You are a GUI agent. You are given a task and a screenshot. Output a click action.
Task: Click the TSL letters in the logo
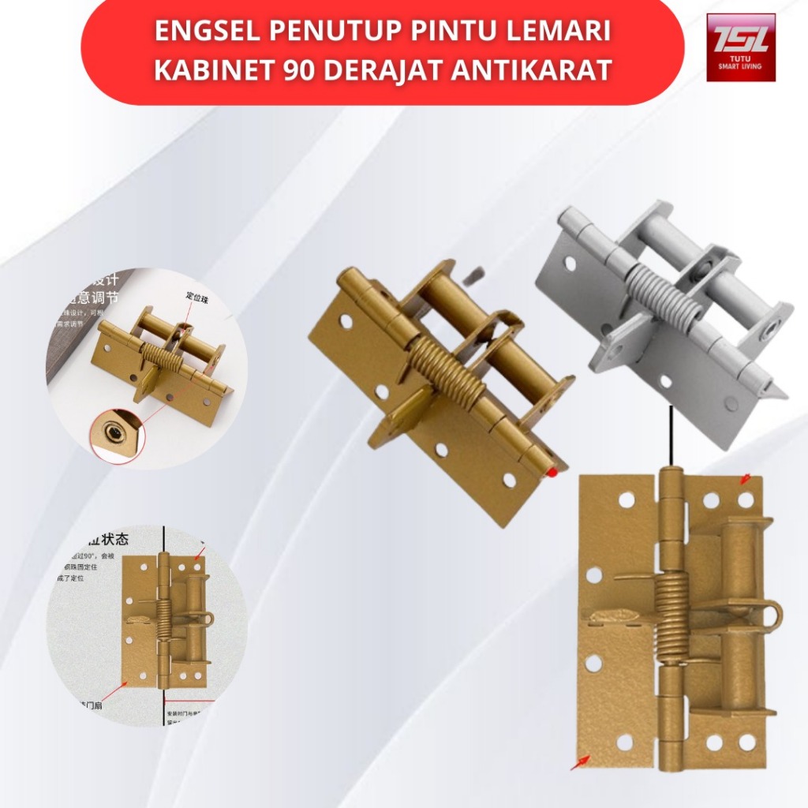tap(740, 38)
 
